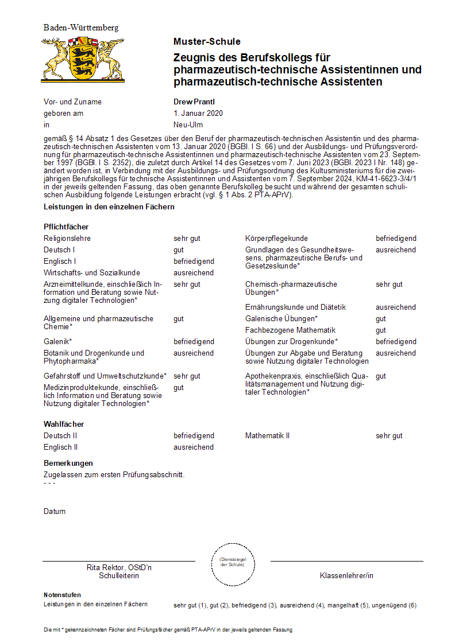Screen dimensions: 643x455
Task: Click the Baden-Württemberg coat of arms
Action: [x=83, y=59]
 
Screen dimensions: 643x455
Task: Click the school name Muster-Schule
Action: [x=207, y=41]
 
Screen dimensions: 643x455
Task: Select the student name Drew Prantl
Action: [x=194, y=102]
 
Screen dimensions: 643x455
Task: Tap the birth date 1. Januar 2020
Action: [x=198, y=113]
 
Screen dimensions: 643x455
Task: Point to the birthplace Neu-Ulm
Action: [x=188, y=124]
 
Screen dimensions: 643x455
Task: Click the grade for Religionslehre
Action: [x=187, y=238]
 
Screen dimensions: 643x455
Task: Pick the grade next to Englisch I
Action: [x=194, y=261]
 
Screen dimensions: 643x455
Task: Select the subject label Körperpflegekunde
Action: [x=276, y=238]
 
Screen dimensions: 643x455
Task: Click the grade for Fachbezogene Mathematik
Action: [x=380, y=330]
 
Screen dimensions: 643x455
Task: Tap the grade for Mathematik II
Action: [x=389, y=435]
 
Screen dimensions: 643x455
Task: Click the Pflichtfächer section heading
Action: [x=66, y=227]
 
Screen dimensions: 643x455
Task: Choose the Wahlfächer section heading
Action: [x=64, y=424]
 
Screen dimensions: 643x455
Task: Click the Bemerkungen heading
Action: [x=68, y=463]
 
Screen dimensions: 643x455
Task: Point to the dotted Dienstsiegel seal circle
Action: [x=232, y=562]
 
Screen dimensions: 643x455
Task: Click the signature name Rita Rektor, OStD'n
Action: [x=119, y=567]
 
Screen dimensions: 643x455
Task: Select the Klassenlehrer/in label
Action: [x=346, y=575]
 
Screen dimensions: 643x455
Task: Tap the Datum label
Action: [x=55, y=511]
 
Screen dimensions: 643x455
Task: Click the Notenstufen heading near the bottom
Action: [x=62, y=595]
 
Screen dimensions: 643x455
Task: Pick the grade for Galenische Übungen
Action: [x=380, y=318]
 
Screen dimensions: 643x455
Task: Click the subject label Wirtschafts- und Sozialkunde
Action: [x=92, y=272]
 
